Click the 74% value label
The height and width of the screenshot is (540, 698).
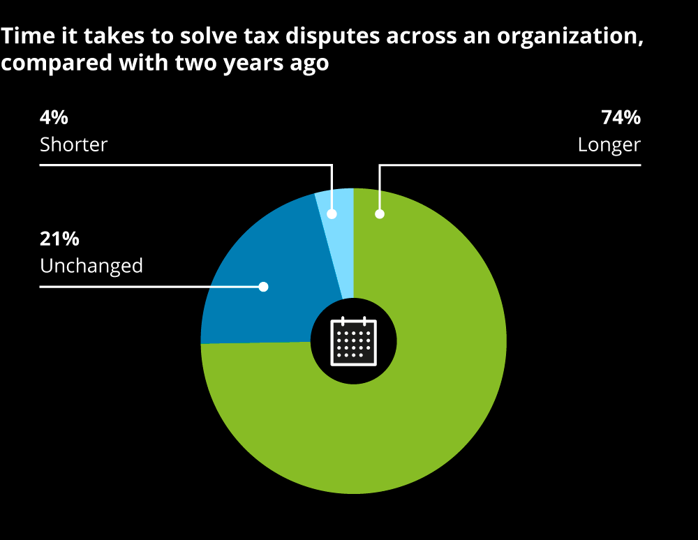click(621, 118)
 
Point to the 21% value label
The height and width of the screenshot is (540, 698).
click(59, 239)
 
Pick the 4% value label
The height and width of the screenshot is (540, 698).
click(54, 118)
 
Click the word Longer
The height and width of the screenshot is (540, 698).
click(609, 144)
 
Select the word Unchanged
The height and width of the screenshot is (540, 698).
click(91, 266)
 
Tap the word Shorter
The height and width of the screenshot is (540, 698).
click(73, 144)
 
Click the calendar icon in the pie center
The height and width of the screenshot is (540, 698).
click(353, 342)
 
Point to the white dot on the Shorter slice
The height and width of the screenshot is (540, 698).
click(332, 213)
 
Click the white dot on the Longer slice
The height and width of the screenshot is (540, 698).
click(380, 213)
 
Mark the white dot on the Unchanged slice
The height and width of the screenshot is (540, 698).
click(263, 286)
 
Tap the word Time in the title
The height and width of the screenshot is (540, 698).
click(22, 37)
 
